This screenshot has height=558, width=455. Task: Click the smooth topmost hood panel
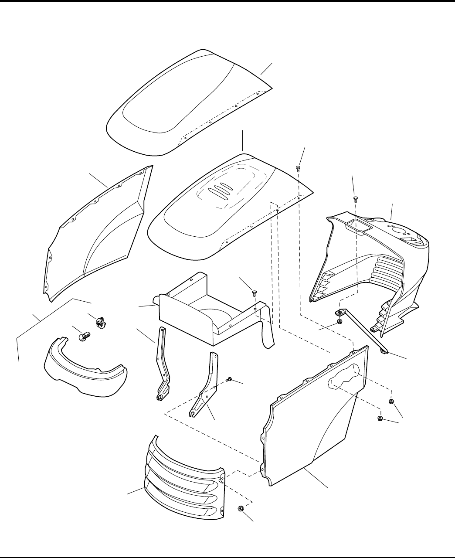183,105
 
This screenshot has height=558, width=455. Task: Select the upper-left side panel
96,235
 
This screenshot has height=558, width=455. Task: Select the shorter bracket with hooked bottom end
205,388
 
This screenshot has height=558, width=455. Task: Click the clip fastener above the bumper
100,323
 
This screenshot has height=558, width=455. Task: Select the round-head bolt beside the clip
85,336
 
